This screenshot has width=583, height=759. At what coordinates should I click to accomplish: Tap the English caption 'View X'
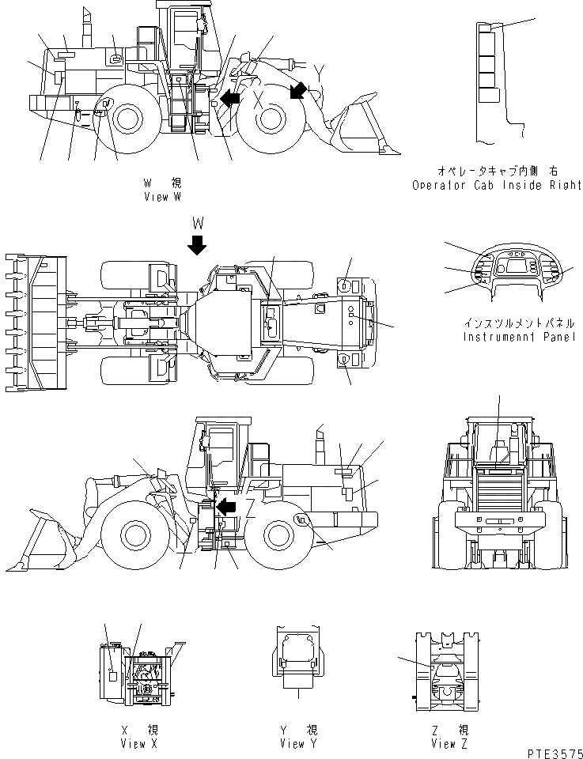pyautogui.click(x=134, y=743)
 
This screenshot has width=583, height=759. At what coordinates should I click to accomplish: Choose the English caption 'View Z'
pyautogui.click(x=449, y=743)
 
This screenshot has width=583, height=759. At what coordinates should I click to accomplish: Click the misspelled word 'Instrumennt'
pyautogui.click(x=495, y=337)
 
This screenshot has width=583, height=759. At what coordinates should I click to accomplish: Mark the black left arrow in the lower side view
pyautogui.click(x=229, y=506)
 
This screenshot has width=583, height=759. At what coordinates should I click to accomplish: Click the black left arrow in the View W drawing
pyautogui.click(x=231, y=98)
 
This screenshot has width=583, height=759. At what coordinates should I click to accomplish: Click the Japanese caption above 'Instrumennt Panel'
pyautogui.click(x=519, y=323)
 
